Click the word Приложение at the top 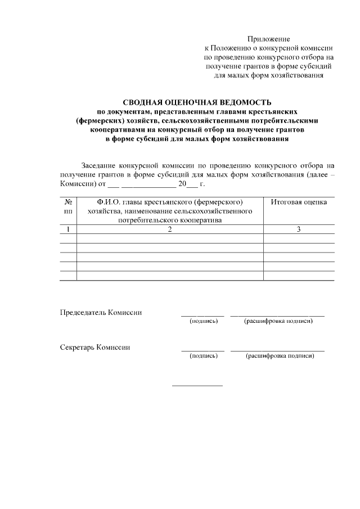(269, 39)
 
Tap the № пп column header (68, 206)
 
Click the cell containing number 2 (169, 229)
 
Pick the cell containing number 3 (299, 229)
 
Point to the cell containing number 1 (68, 229)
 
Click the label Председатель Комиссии (101, 313)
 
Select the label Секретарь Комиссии (95, 348)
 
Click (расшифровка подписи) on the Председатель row (278, 321)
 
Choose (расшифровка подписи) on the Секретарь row (278, 356)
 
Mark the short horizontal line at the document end (197, 385)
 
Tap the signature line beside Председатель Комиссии (202, 316)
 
